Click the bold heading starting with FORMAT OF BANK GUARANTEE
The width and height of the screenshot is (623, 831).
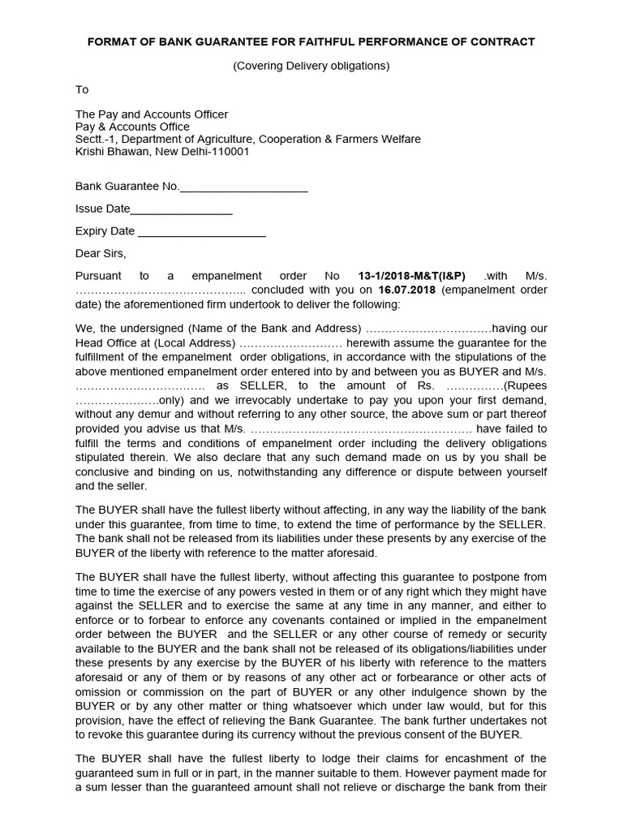point(311,41)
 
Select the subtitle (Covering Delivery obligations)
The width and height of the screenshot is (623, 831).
point(311,66)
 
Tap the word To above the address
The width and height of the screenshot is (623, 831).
point(82,89)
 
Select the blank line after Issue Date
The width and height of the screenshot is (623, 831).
point(182,209)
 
